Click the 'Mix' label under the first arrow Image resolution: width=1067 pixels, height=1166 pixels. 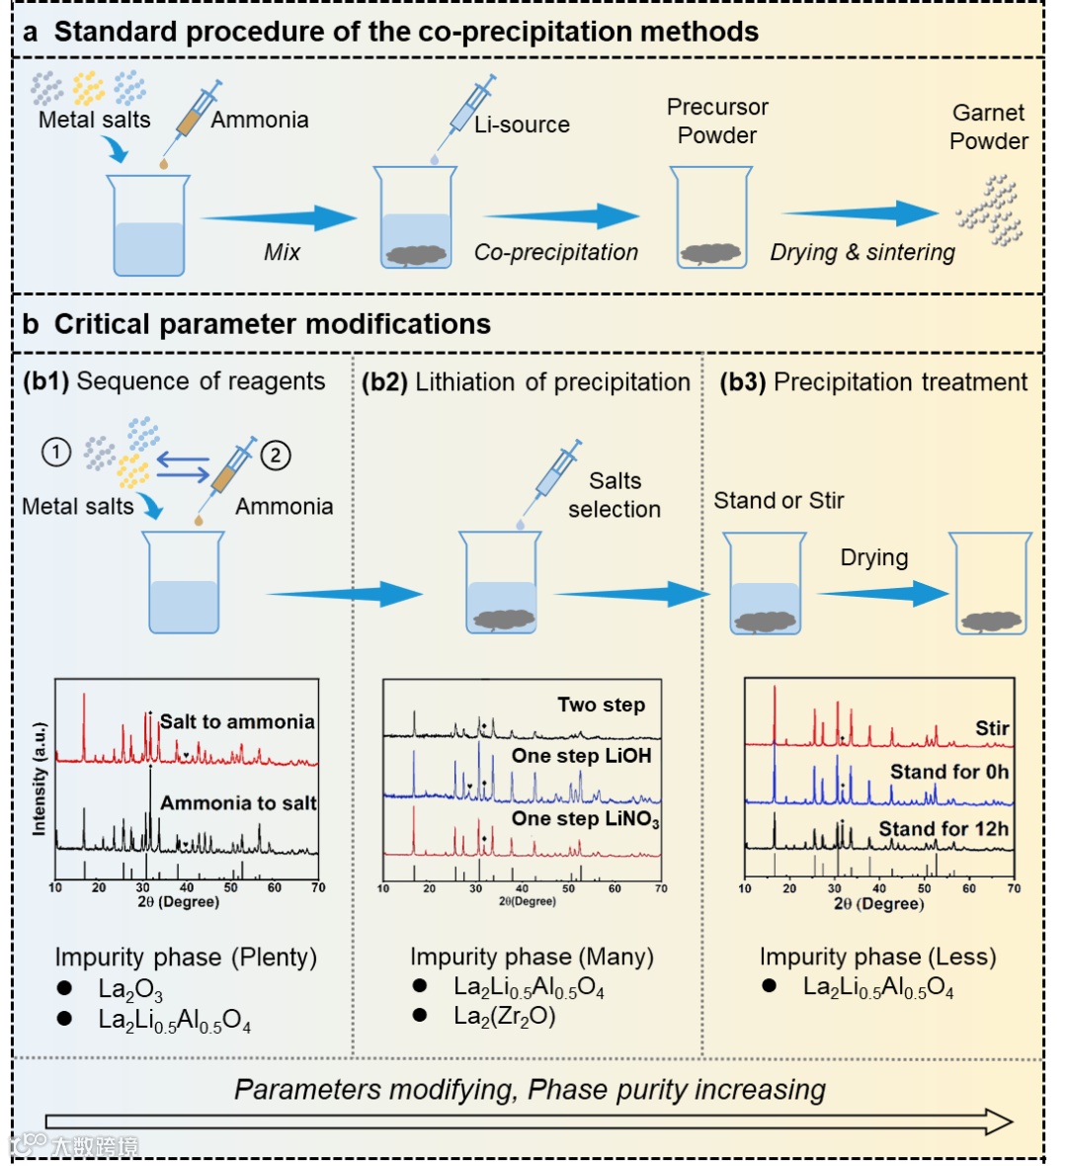(282, 252)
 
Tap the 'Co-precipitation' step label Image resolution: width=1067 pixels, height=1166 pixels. (556, 252)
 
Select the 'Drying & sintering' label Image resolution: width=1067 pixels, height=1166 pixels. (862, 253)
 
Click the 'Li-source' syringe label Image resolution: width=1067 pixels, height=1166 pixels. (522, 125)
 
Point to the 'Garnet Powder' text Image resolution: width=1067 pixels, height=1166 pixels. (988, 126)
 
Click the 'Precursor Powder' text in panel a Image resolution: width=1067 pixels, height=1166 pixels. (717, 121)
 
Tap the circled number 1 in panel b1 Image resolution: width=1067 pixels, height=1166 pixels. (56, 453)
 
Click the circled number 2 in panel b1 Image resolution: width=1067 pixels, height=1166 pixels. (276, 456)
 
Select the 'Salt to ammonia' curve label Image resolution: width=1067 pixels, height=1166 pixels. (237, 721)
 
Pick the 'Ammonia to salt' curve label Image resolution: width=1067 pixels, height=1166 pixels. (238, 802)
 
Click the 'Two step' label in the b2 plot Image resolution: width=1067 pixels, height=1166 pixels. (601, 705)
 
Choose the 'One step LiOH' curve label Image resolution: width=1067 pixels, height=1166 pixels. (581, 756)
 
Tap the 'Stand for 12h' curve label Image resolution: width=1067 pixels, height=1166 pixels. (944, 828)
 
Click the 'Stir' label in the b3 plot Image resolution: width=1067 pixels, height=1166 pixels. (992, 728)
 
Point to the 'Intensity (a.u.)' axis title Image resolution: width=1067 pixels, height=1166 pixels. (40, 780)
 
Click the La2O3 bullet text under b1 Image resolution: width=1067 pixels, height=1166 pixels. (130, 989)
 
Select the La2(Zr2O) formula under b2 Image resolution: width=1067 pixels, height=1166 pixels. (504, 1016)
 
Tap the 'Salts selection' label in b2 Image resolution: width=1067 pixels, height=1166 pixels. (615, 495)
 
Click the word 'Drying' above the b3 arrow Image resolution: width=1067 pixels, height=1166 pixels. (874, 557)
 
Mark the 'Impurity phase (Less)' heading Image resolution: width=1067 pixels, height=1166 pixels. (877, 957)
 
